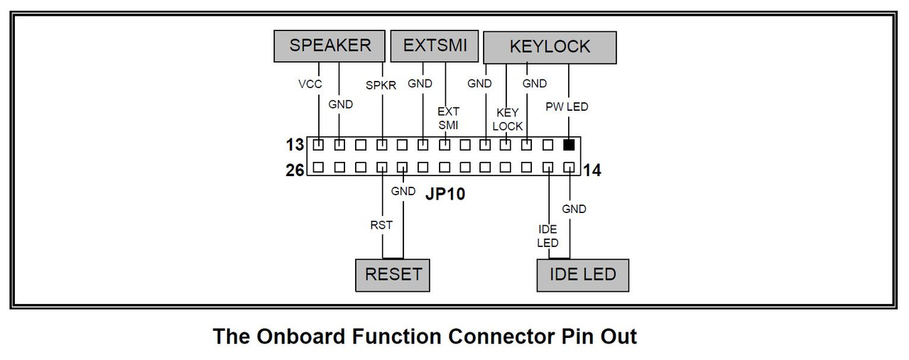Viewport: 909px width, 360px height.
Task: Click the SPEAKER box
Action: click(330, 46)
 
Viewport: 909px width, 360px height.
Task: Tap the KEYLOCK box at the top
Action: click(550, 47)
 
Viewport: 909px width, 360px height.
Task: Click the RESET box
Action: click(393, 274)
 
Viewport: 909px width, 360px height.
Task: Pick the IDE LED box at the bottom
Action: click(583, 274)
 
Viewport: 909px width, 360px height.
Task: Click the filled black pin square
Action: click(569, 145)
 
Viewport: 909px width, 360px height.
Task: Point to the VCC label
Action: click(310, 84)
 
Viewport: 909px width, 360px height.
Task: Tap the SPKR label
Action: click(381, 84)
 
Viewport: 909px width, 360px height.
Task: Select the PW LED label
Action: click(567, 107)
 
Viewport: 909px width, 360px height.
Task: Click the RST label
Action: click(381, 225)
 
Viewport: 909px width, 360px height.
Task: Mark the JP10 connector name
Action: click(445, 193)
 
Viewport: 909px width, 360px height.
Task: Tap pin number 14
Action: click(592, 170)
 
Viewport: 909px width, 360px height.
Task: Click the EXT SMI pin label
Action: click(448, 118)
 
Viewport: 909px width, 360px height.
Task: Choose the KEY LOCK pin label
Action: click(508, 119)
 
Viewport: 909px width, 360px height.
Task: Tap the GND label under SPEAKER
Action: click(340, 104)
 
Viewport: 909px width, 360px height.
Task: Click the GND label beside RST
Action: click(403, 191)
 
